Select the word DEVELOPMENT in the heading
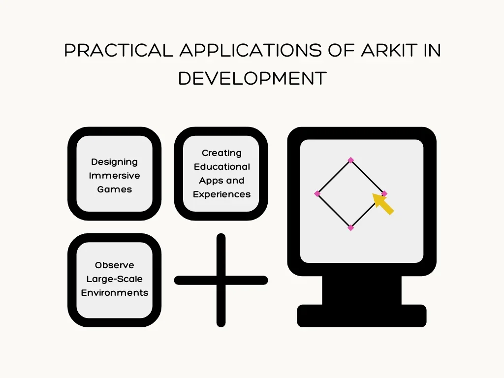(x=252, y=78)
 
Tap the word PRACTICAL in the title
(x=119, y=50)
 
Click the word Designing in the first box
(x=114, y=162)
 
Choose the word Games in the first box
(x=114, y=189)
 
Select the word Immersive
(x=114, y=176)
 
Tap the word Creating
(x=221, y=153)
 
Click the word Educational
(x=221, y=167)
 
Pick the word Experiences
(x=221, y=194)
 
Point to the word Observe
(x=114, y=265)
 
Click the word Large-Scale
(x=114, y=279)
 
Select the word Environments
(x=114, y=293)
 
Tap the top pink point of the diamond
(x=350, y=160)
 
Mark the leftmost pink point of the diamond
(x=317, y=194)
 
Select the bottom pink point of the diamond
(x=350, y=228)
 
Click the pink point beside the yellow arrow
(x=384, y=194)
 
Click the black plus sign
(x=221, y=280)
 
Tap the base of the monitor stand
(x=362, y=316)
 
